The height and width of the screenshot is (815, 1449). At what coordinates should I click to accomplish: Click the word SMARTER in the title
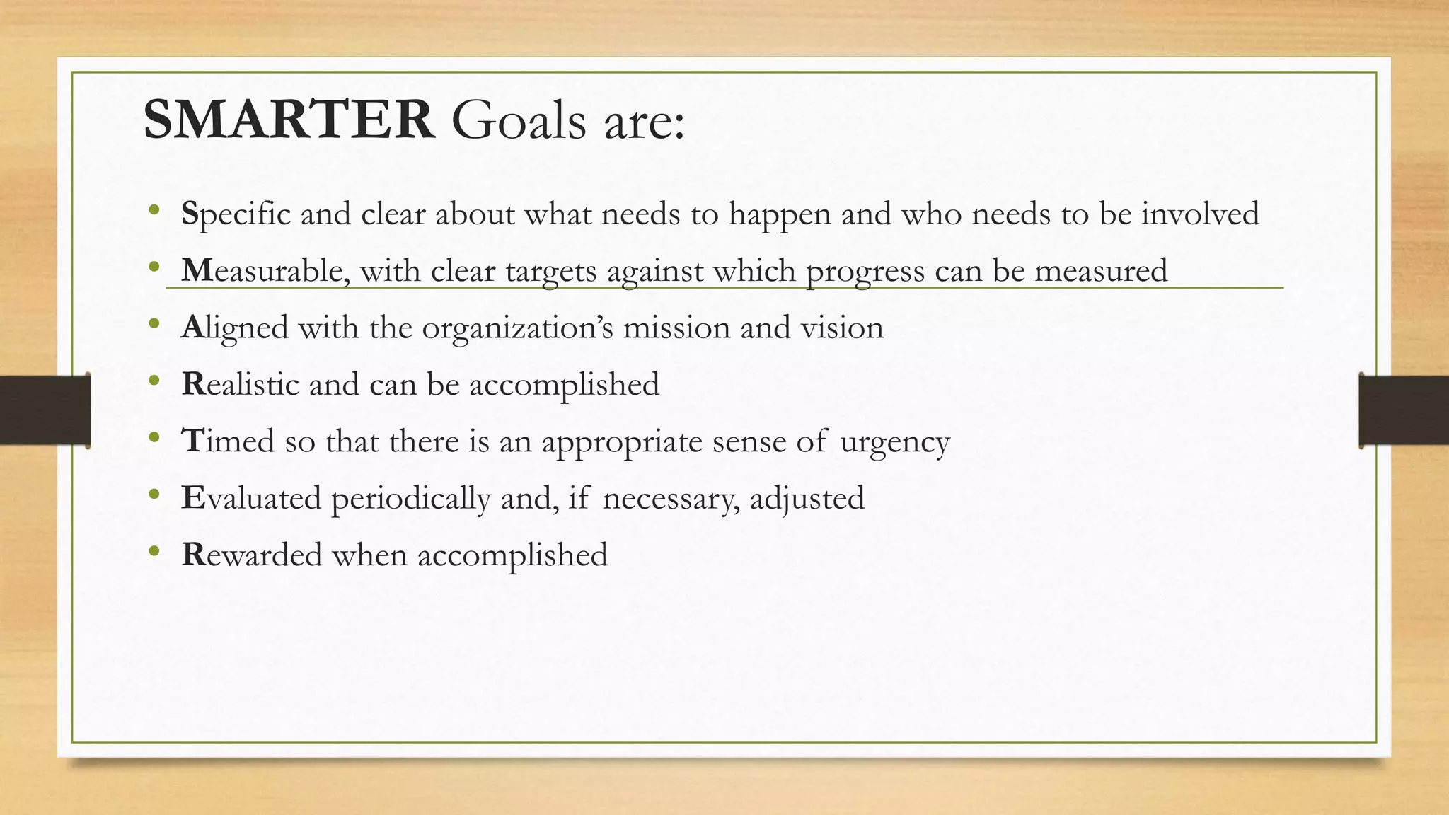pos(289,120)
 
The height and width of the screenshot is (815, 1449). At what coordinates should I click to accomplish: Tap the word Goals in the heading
pos(519,120)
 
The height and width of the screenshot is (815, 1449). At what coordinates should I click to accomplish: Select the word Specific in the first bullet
pos(236,214)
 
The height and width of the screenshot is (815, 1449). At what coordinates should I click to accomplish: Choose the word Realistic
pos(241,384)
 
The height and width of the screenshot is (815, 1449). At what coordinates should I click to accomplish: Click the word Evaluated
pos(251,498)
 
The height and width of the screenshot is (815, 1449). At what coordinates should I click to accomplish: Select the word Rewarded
pos(252,555)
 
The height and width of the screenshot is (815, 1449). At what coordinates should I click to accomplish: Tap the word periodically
pos(410,499)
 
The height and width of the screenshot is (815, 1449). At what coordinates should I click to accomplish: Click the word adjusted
pos(807,498)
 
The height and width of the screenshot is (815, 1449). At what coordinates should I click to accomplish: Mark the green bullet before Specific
pos(155,211)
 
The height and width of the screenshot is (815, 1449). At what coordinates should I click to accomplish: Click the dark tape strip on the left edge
pos(45,410)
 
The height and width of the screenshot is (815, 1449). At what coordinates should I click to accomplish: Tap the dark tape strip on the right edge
pos(1404,410)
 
